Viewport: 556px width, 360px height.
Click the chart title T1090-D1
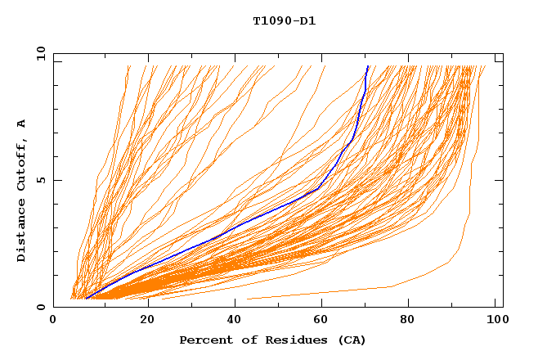[284, 20]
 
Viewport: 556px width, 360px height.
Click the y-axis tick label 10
[40, 53]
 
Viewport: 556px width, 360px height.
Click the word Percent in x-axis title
[203, 340]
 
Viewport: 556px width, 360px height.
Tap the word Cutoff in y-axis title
[22, 163]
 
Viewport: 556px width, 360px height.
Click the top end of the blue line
[368, 66]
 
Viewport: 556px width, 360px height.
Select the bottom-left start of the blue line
[85, 299]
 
